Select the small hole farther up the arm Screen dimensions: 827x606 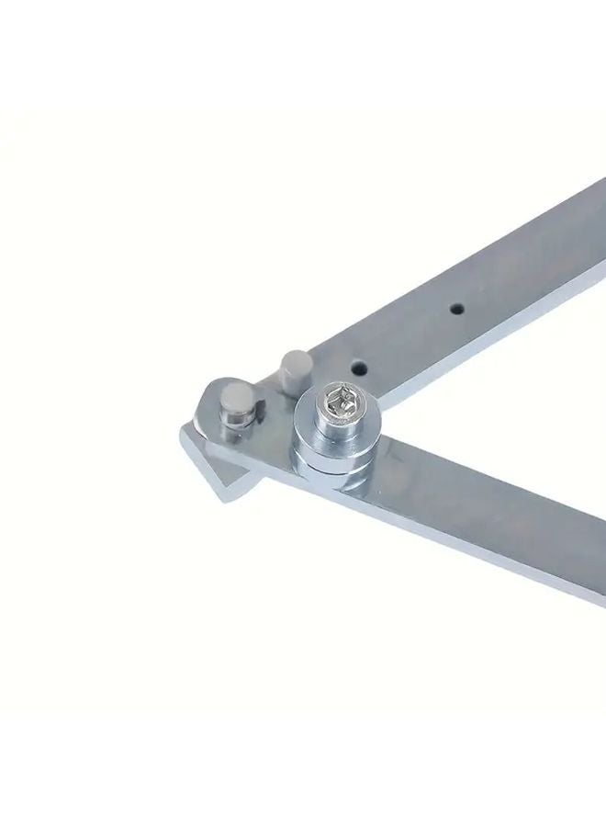(454, 310)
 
